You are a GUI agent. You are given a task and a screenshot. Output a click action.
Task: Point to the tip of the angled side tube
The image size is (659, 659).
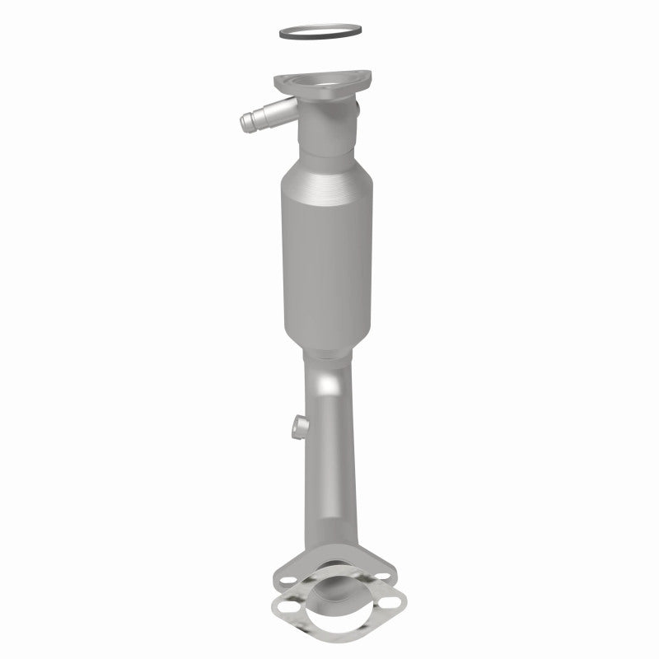pyautogui.click(x=246, y=124)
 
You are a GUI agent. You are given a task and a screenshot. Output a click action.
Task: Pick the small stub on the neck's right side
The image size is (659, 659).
pyautogui.click(x=356, y=108)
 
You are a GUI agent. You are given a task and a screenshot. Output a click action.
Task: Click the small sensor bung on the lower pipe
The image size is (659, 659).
pyautogui.click(x=301, y=426)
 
